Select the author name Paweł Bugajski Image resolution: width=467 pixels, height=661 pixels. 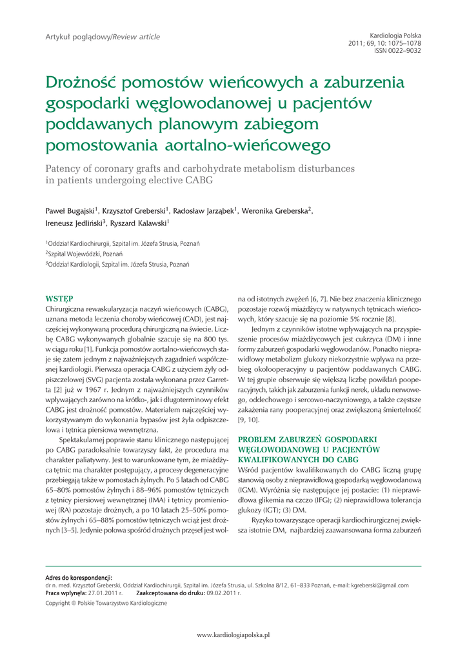pyautogui.click(x=70, y=211)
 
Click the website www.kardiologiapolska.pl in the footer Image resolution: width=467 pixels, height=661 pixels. pyautogui.click(x=233, y=635)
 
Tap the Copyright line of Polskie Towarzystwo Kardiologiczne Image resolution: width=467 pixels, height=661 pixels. pyautogui.click(x=105, y=603)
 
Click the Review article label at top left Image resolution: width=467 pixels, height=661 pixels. pyautogui.click(x=136, y=37)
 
